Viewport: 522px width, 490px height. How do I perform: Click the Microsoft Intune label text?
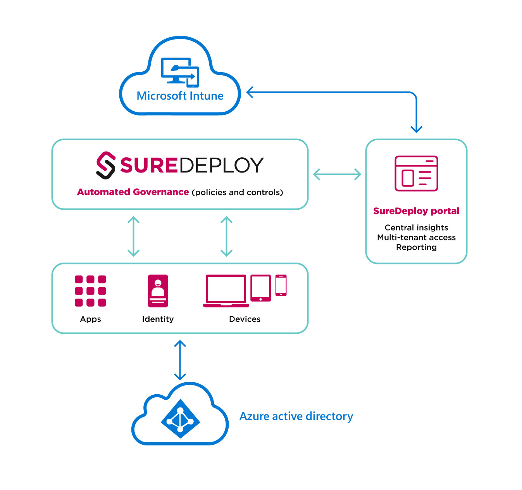pos(180,96)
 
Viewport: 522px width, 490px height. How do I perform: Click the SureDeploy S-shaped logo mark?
pos(105,165)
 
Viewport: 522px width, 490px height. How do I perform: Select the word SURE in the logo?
pos(148,165)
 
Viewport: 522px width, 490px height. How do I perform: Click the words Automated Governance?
pos(133,192)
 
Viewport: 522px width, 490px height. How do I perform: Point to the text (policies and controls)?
pos(237,193)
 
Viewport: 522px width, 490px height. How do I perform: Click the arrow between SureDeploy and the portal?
pos(337,174)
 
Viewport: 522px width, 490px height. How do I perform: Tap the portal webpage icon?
pos(416,173)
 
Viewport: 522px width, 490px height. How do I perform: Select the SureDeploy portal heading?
pos(416,211)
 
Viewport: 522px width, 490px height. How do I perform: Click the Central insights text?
pos(416,228)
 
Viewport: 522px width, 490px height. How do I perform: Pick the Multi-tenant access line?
pos(416,237)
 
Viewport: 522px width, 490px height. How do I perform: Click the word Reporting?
pos(416,247)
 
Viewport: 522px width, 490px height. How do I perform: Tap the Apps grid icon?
pos(90,291)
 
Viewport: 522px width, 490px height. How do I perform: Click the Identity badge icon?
pos(158,291)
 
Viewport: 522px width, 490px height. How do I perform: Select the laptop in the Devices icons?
pos(226,291)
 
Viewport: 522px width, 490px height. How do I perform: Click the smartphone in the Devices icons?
pos(281,285)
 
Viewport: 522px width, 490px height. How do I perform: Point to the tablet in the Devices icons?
pos(260,288)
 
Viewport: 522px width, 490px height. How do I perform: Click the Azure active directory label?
pos(296,416)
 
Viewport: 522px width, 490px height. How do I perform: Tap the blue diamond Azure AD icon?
pos(180,419)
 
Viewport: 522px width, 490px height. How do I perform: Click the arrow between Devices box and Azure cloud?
pos(180,360)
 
